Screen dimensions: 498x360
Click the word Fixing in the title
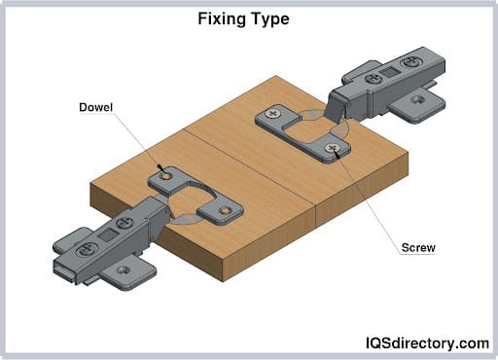(220, 19)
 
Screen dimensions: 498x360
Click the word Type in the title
(268, 19)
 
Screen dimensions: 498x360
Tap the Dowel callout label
(95, 107)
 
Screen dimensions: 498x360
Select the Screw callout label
(418, 248)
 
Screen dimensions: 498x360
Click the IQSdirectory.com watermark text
(427, 343)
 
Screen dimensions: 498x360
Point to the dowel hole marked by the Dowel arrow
(167, 176)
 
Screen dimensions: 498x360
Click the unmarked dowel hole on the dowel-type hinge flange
(224, 211)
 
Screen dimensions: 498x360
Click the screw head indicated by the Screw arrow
(332, 148)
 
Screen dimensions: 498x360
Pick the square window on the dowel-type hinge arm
(105, 235)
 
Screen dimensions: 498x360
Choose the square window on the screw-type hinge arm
(388, 72)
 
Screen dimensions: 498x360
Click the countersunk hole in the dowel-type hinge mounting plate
(124, 270)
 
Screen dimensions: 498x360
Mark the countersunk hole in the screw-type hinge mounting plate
(418, 99)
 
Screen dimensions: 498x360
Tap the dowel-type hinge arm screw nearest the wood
(124, 223)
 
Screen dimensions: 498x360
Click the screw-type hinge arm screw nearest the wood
(373, 79)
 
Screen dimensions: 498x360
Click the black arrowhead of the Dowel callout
(160, 168)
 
